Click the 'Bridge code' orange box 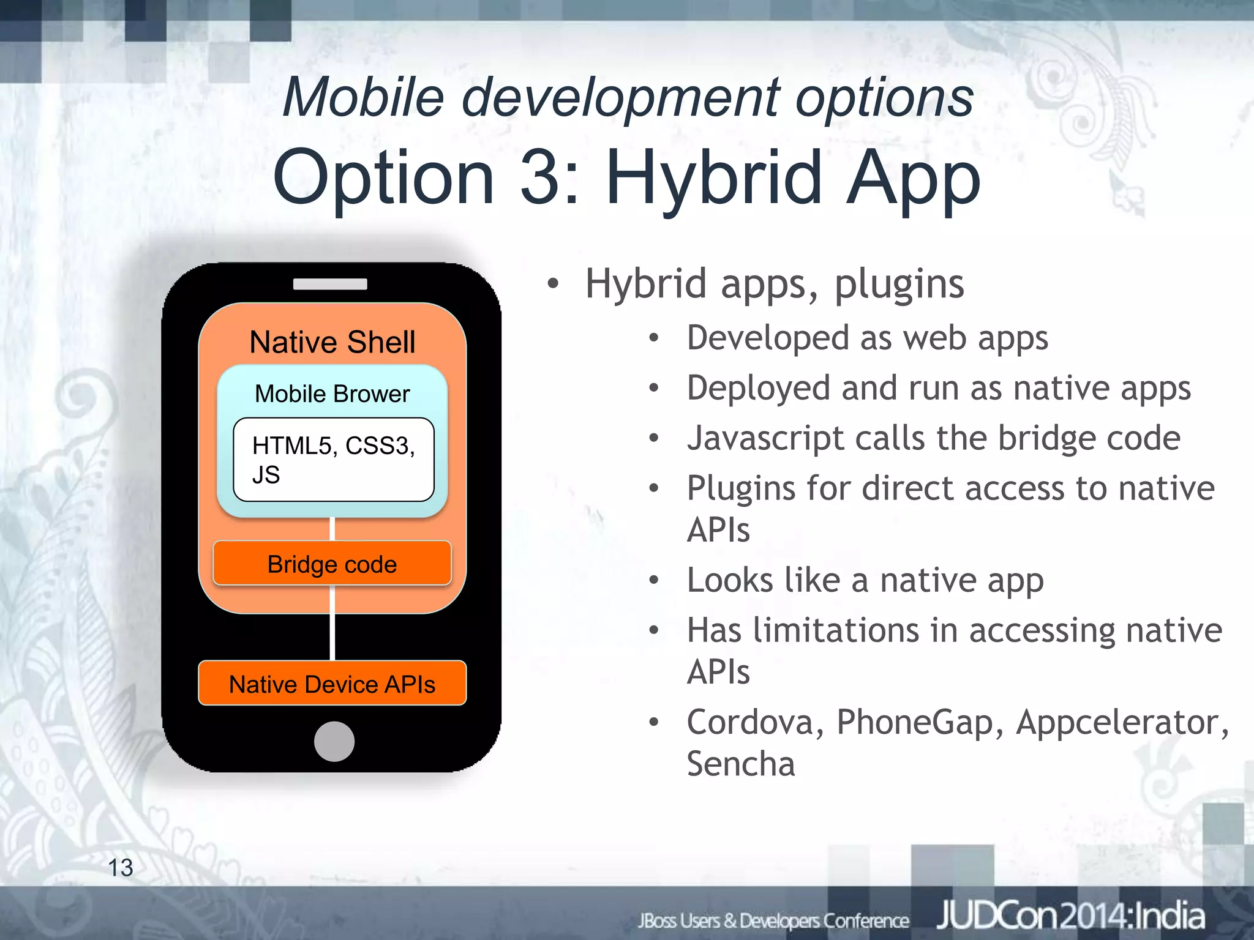pos(332,564)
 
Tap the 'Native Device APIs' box pos(332,684)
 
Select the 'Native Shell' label pos(332,341)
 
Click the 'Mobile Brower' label pos(332,394)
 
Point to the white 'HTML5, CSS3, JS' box pos(334,460)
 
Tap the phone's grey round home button pos(334,741)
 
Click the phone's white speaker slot pos(330,284)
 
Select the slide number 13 pos(121,867)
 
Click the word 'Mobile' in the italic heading pos(363,97)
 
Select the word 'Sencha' pos(741,764)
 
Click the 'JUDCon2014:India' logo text pos(1070,917)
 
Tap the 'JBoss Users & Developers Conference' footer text pos(773,920)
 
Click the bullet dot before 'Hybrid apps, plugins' pos(554,284)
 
